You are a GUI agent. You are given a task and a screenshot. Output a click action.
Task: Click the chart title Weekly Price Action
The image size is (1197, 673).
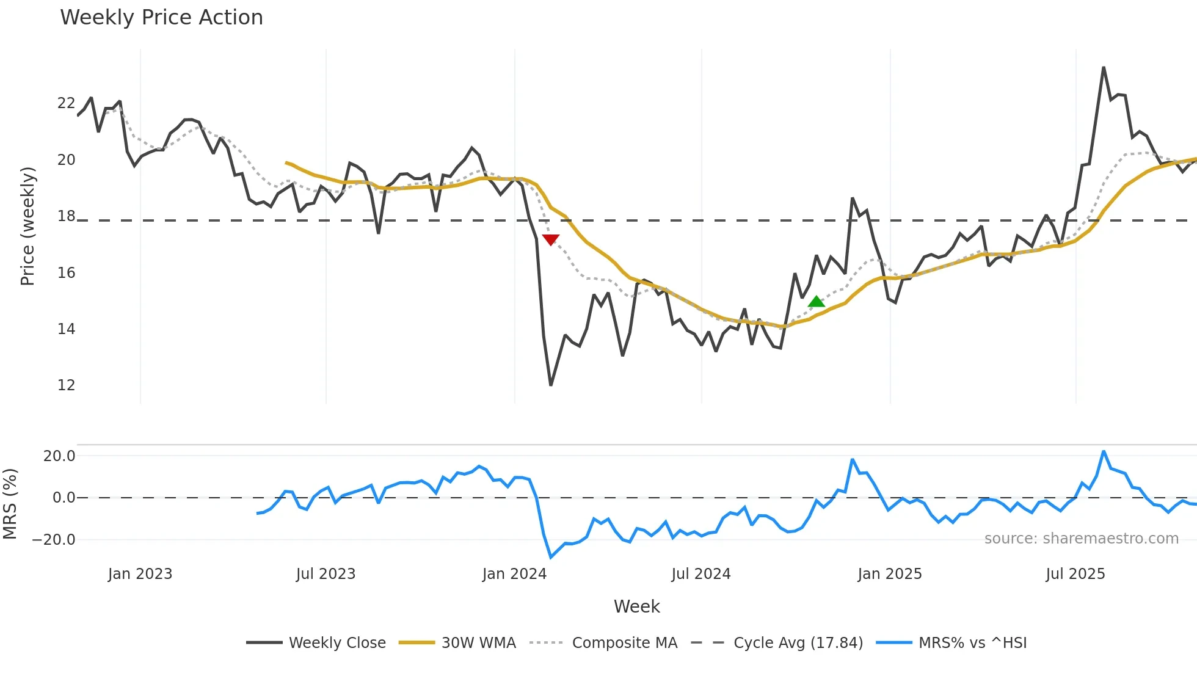coord(161,18)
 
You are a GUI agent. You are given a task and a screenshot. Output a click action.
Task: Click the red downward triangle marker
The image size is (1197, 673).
coord(550,240)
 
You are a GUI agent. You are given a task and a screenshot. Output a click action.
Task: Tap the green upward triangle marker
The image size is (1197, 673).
coord(816,302)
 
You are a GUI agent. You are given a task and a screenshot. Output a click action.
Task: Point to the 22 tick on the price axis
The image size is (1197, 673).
coord(66,103)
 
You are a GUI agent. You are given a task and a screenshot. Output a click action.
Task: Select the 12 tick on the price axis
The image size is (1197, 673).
coord(66,385)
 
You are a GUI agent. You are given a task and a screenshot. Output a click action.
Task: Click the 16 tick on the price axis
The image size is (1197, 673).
coord(66,273)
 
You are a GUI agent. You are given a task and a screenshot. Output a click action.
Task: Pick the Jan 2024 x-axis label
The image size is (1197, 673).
coord(514,574)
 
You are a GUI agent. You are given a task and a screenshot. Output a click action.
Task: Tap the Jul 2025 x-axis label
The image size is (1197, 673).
coord(1075,574)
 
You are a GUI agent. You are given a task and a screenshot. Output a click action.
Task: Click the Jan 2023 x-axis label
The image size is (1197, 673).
coord(140,574)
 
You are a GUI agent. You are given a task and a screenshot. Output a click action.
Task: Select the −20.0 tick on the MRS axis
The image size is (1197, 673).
coord(54,540)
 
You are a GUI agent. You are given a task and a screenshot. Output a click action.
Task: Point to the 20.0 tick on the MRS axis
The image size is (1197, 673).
coord(59,456)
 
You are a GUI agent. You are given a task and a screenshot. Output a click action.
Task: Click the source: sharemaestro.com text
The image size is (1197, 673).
coord(1081,539)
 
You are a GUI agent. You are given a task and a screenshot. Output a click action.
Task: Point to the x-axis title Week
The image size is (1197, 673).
coord(636,606)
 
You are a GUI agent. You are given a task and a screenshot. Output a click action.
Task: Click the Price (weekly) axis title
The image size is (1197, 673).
coord(27,226)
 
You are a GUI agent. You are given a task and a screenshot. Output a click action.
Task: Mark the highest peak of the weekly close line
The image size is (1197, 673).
coord(1104,68)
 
